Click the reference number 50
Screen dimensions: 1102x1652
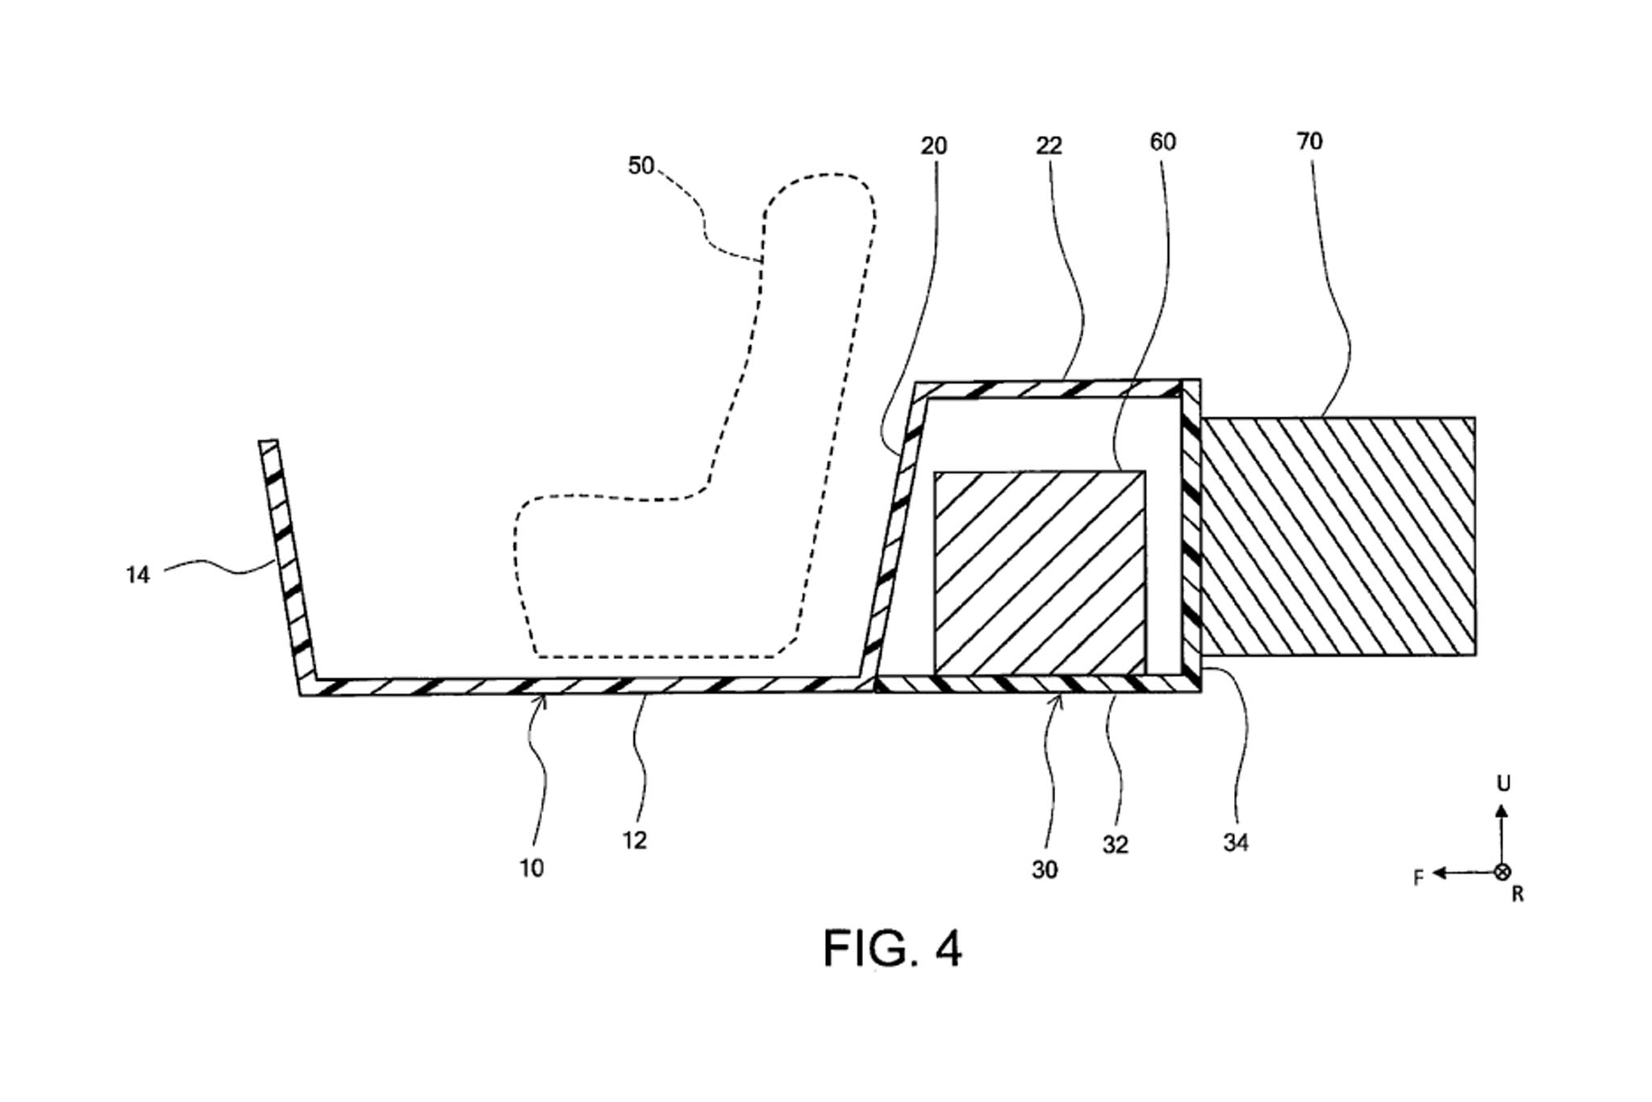(x=640, y=165)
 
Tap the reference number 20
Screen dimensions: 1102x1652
(x=933, y=146)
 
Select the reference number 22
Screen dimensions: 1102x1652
(x=1049, y=146)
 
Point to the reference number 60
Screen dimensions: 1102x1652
(x=1162, y=142)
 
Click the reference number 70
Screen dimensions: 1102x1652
(x=1309, y=141)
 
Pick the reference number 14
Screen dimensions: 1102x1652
(x=138, y=575)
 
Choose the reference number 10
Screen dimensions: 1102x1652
(x=532, y=868)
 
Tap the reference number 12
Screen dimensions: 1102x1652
(x=635, y=841)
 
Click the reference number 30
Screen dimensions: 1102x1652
(x=1044, y=870)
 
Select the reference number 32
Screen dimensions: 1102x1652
(x=1115, y=845)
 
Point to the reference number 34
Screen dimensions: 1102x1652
(x=1236, y=843)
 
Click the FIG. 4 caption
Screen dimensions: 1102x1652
(x=892, y=949)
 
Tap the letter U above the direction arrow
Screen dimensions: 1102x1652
(x=1503, y=783)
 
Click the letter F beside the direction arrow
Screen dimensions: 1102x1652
(x=1418, y=878)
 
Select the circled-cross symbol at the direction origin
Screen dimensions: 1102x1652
(x=1502, y=872)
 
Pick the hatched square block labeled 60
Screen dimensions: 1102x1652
(x=1040, y=572)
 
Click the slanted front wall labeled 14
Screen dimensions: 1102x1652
(x=287, y=565)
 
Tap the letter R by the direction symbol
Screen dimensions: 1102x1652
(x=1517, y=895)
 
